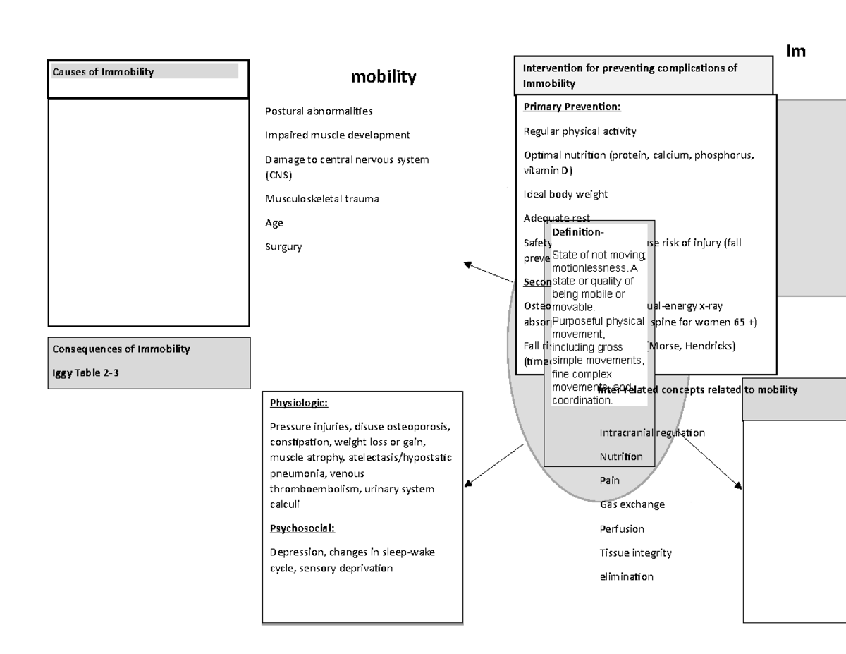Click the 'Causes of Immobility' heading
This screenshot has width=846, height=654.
pyautogui.click(x=103, y=72)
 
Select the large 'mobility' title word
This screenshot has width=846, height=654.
pyautogui.click(x=384, y=77)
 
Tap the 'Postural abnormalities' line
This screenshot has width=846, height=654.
pyautogui.click(x=319, y=111)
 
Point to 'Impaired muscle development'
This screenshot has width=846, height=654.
pyautogui.click(x=337, y=135)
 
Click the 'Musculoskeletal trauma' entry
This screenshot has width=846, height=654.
pyautogui.click(x=321, y=199)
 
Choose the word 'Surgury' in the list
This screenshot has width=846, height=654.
pyautogui.click(x=283, y=247)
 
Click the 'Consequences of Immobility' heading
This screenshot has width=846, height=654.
pyautogui.click(x=121, y=349)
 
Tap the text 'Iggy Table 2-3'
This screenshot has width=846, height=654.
pyautogui.click(x=86, y=373)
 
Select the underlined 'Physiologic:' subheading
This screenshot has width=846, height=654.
pyautogui.click(x=299, y=404)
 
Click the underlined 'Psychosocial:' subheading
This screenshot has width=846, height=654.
pyautogui.click(x=302, y=528)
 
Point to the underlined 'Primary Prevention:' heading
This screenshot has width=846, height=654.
pyautogui.click(x=572, y=107)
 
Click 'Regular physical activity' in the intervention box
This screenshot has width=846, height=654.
pyautogui.click(x=580, y=131)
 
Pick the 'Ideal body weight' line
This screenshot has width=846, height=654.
pyautogui.click(x=565, y=194)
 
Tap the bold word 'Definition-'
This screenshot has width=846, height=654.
pyautogui.click(x=577, y=232)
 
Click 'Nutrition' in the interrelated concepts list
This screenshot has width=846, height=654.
pyautogui.click(x=621, y=456)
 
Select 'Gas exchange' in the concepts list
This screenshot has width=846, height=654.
pyautogui.click(x=632, y=504)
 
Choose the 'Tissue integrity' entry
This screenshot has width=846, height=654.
pyautogui.click(x=635, y=552)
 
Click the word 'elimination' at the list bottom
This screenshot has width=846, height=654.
pyautogui.click(x=626, y=576)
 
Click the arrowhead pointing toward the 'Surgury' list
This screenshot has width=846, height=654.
pyautogui.click(x=467, y=265)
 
